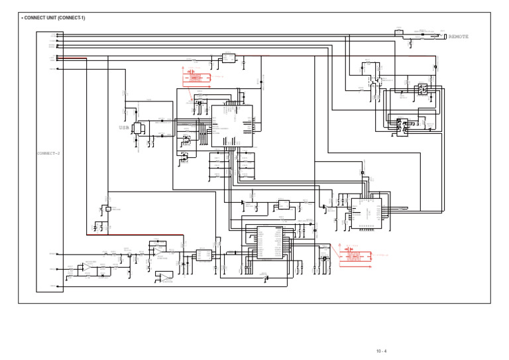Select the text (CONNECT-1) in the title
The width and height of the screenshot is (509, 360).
[x=72, y=18]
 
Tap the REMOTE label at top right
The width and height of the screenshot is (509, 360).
[x=458, y=37]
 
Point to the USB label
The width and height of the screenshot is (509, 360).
[x=125, y=127]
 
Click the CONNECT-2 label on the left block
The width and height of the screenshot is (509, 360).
[x=48, y=153]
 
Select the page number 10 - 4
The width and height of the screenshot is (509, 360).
[x=381, y=351]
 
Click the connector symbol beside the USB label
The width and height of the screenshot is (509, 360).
[x=138, y=128]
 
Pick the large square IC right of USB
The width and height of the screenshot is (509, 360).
[x=231, y=125]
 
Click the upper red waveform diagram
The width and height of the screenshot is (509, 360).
[x=196, y=77]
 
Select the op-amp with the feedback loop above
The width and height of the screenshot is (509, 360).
[x=156, y=250]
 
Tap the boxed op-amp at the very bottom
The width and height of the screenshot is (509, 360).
[x=164, y=277]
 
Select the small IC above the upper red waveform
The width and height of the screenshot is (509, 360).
[x=228, y=58]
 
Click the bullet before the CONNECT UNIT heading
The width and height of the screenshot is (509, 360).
[x=21, y=18]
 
